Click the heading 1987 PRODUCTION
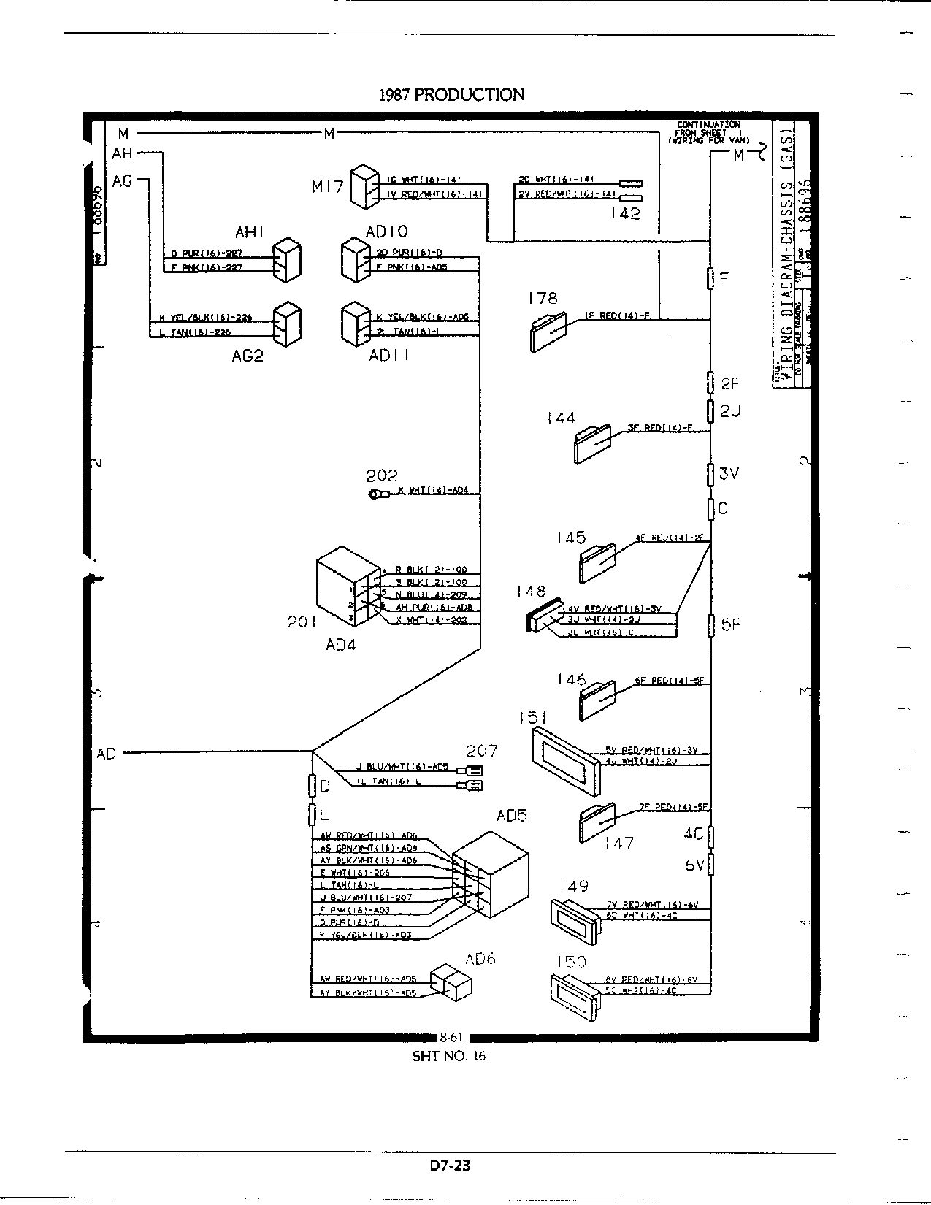coord(451,95)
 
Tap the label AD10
coord(386,232)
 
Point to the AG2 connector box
coord(286,325)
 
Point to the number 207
coord(482,750)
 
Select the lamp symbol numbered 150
coord(574,992)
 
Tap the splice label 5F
coord(731,624)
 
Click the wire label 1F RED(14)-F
coord(616,316)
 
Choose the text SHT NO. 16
coord(449,1055)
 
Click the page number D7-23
coord(451,1165)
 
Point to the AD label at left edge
coord(107,753)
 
